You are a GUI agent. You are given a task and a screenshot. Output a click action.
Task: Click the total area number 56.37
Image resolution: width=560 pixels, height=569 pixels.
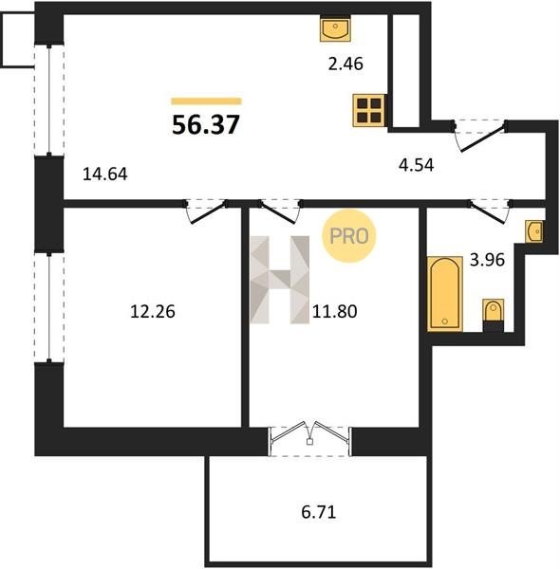[206, 124]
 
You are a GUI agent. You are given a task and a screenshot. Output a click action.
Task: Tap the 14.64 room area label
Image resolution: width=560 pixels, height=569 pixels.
[105, 174]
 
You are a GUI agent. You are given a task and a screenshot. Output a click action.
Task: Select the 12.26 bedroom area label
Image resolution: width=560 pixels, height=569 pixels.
[153, 311]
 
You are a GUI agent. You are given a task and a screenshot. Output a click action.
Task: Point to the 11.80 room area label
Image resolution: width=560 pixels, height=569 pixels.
[334, 311]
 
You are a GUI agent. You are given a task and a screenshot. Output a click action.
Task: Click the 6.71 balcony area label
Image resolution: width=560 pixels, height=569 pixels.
[319, 512]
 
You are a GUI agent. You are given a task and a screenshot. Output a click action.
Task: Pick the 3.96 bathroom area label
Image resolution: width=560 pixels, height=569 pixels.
[487, 260]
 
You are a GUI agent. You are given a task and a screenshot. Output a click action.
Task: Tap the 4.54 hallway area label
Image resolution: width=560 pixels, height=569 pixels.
[416, 165]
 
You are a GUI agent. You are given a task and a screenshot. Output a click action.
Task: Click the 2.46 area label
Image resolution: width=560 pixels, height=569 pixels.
[345, 64]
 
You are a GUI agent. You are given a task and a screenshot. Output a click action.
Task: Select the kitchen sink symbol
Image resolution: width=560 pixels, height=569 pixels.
[335, 28]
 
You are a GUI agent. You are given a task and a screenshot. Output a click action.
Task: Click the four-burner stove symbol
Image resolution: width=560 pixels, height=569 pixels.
[368, 110]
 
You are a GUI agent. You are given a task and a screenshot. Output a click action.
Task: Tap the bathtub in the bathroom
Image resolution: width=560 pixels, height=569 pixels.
[445, 294]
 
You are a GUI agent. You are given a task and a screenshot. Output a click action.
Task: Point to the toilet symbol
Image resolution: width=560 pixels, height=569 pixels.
[494, 315]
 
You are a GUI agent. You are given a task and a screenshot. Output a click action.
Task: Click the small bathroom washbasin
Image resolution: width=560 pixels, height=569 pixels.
[533, 230]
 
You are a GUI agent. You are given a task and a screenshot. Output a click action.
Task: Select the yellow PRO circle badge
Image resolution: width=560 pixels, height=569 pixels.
[348, 236]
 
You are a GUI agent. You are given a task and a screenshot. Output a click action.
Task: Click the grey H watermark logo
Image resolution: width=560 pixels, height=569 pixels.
[280, 280]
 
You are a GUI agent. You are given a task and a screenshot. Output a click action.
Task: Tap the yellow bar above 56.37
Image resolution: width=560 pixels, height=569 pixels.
[206, 101]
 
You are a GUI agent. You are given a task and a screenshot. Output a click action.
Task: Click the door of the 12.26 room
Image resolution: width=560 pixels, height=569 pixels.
[206, 211]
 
